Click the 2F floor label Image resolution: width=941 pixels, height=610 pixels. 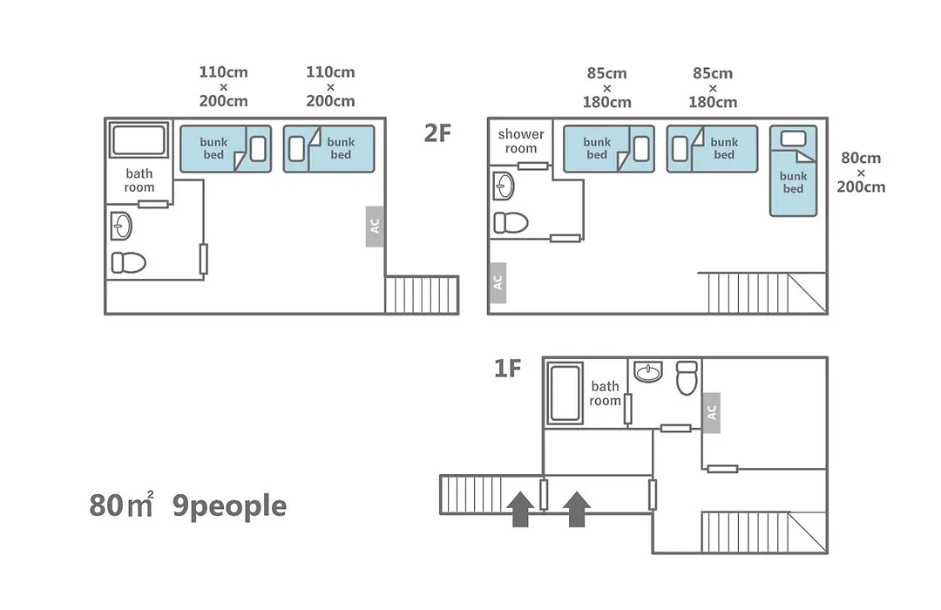pos(437,133)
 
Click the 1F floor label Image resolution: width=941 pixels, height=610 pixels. pos(507,368)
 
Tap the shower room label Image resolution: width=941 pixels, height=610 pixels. pos(521,141)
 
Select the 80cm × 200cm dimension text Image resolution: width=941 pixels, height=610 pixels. pos(861,173)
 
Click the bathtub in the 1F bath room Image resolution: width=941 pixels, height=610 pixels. pos(565,393)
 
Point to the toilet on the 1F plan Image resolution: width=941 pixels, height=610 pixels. pos(687,377)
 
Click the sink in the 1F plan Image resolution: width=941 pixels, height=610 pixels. pos(648,371)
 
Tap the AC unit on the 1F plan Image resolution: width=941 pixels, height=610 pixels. pos(711,412)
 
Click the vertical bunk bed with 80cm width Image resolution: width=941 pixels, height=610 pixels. pos(794,171)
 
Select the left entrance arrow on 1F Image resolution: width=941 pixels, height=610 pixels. pos(520,509)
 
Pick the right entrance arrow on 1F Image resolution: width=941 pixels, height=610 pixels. pos(577,509)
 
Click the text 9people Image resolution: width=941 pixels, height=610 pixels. pos(229,506)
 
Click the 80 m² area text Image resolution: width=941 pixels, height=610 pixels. pos(121,505)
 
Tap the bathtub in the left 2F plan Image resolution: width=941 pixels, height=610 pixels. pos(138,140)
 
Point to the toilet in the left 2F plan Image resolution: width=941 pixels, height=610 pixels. pos(128,262)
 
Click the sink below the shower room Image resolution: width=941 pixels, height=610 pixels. pos(504,186)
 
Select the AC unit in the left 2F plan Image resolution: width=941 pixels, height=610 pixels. pos(375,227)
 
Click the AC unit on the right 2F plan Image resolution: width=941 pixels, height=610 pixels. pos(497,282)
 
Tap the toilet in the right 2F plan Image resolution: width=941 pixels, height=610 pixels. pos(511,223)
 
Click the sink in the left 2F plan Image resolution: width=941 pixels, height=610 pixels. pos(121,227)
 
